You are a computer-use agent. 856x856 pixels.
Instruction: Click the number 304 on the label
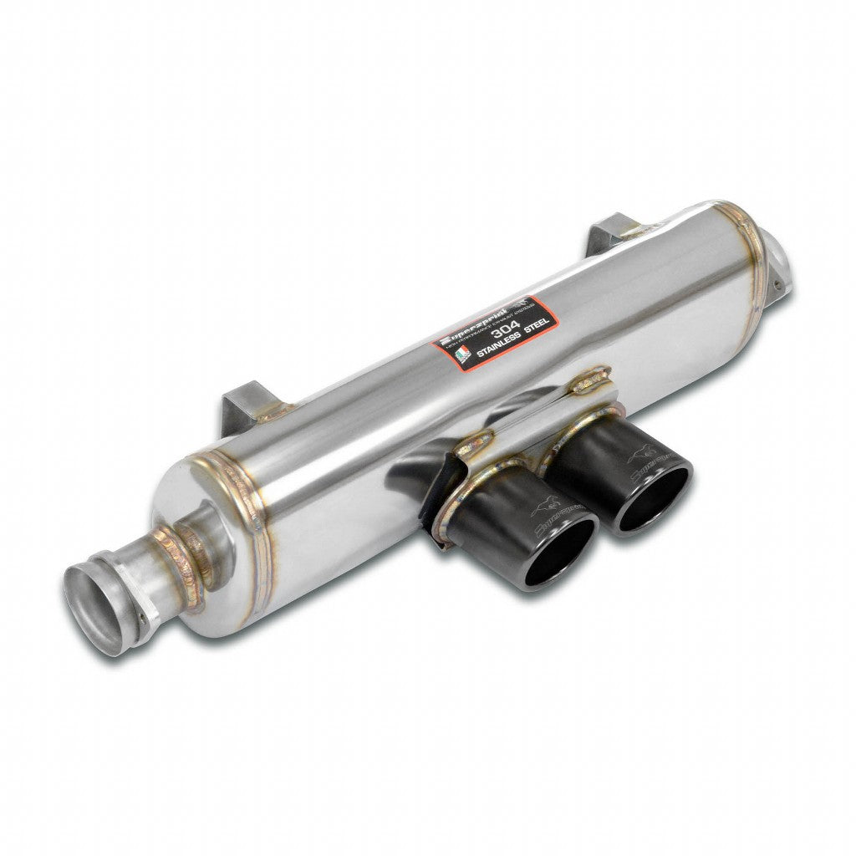coord(503,333)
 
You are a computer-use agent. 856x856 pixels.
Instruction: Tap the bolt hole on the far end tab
coord(777,284)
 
